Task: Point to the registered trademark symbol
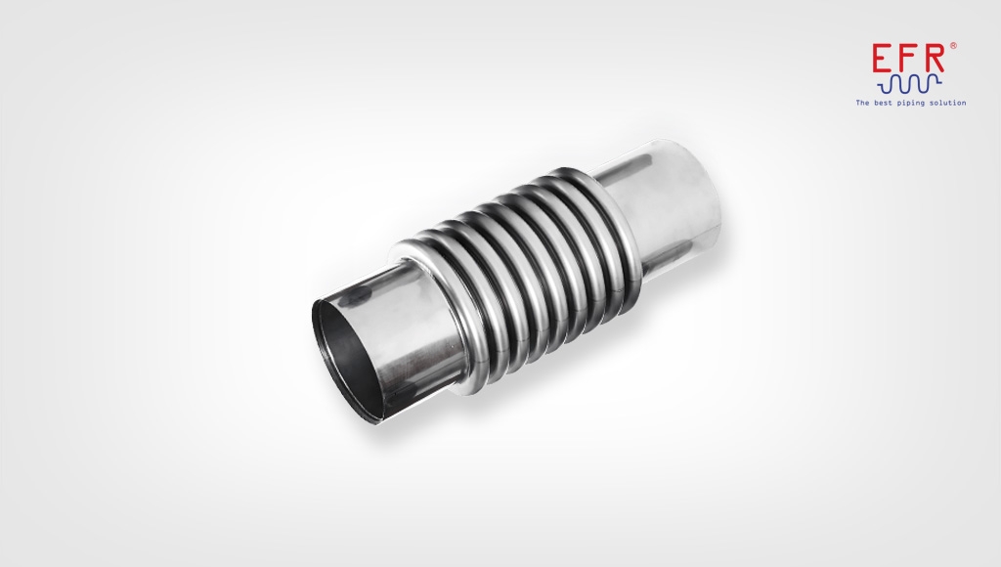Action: click(x=952, y=45)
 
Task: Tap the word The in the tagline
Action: click(x=862, y=102)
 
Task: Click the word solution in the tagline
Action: click(x=948, y=102)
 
